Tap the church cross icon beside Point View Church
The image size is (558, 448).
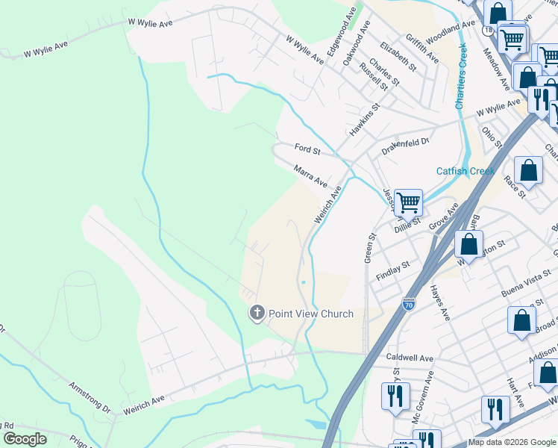257,313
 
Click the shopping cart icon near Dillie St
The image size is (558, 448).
408,202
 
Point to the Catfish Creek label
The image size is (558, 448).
465,171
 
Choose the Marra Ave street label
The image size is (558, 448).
310,177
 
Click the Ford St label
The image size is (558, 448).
307,150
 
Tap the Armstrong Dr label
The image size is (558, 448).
89,398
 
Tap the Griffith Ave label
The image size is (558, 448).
422,48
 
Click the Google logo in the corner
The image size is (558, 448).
25,439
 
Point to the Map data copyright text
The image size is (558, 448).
512,442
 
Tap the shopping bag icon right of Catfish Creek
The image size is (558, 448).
528,170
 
